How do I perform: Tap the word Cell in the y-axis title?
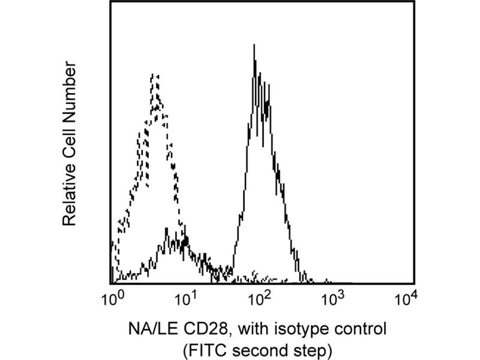click(x=70, y=139)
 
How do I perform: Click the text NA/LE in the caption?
click(x=149, y=329)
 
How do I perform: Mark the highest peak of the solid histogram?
click(x=255, y=45)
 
